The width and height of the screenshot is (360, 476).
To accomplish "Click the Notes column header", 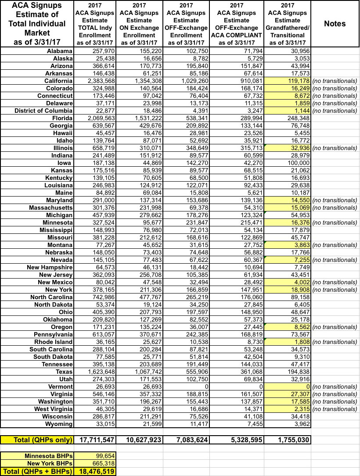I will click(335, 24).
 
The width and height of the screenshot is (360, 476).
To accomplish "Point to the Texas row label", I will click(63, 372).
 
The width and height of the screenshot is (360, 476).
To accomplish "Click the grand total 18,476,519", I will click(97, 471).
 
